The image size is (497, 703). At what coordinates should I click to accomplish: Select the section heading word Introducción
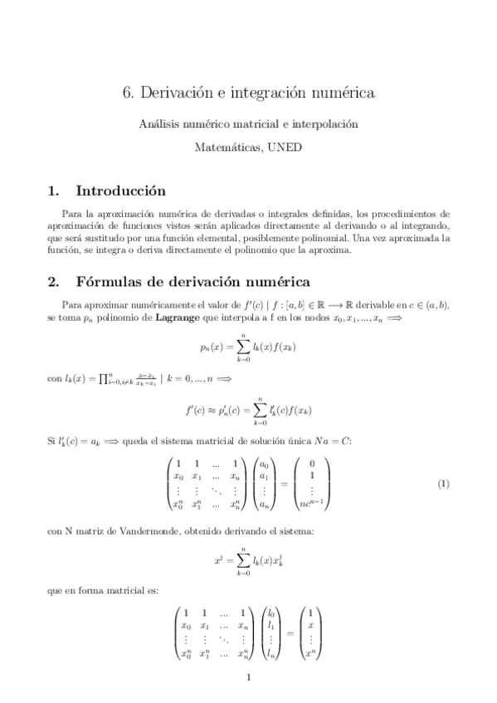[120, 192]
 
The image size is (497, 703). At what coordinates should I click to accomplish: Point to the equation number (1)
[444, 482]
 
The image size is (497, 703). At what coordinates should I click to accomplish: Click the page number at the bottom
[249, 678]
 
